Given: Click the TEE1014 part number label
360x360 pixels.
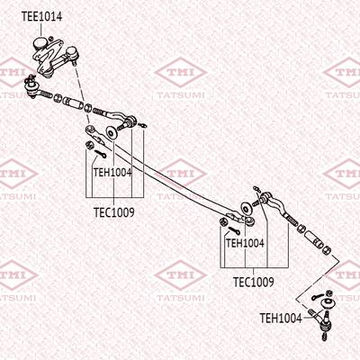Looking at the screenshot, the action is pyautogui.click(x=41, y=16).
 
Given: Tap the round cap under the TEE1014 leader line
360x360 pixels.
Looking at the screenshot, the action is pyautogui.click(x=40, y=43).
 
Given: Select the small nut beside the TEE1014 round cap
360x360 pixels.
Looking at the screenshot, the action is pyautogui.click(x=51, y=39).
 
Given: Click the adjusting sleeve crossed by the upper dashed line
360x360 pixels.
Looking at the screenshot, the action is pyautogui.click(x=74, y=102).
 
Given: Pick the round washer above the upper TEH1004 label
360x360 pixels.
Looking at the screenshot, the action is pyautogui.click(x=112, y=132).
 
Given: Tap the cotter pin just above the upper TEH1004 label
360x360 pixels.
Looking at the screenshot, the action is pyautogui.click(x=100, y=154).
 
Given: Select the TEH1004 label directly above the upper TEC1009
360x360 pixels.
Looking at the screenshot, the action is pyautogui.click(x=112, y=173).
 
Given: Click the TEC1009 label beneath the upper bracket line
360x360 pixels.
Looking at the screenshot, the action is pyautogui.click(x=114, y=212).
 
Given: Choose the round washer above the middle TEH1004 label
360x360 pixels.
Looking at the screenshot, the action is pyautogui.click(x=247, y=208).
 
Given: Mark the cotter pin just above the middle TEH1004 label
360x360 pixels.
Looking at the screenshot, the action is pyautogui.click(x=234, y=230).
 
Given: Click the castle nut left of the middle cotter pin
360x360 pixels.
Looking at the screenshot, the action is pyautogui.click(x=222, y=222).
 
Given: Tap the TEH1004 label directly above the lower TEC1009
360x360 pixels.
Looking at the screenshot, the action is pyautogui.click(x=245, y=243).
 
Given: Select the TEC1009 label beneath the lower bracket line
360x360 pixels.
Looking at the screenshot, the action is pyautogui.click(x=254, y=282).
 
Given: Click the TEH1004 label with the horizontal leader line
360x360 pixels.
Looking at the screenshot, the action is pyautogui.click(x=281, y=318).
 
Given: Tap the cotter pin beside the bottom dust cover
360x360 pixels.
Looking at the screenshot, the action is pyautogui.click(x=317, y=297).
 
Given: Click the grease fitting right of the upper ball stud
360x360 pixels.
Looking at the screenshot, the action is pyautogui.click(x=143, y=125).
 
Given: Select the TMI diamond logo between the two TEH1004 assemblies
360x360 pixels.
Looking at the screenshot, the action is pyautogui.click(x=180, y=174).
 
